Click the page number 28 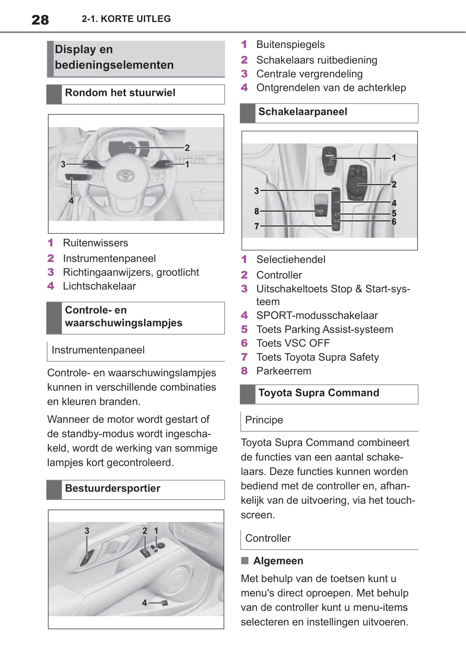coord(40,20)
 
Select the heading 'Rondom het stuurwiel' coord(120,93)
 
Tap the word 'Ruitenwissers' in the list coord(96,243)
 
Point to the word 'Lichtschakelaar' coord(99,286)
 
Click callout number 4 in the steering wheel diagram coord(71,201)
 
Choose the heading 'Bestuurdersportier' coord(112,488)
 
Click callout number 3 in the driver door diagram coord(87,531)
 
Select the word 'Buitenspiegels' coord(290,44)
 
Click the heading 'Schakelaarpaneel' coord(303,112)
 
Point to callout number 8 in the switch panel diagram coord(257,211)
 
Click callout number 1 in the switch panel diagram coord(394,158)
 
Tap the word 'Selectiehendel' coord(291,259)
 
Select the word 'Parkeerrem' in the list coord(283,371)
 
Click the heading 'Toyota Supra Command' coord(319,393)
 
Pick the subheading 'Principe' coord(264,420)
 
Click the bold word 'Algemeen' coord(278,561)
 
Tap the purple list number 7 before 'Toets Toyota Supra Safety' coord(244,357)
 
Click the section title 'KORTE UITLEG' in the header coord(135,19)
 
